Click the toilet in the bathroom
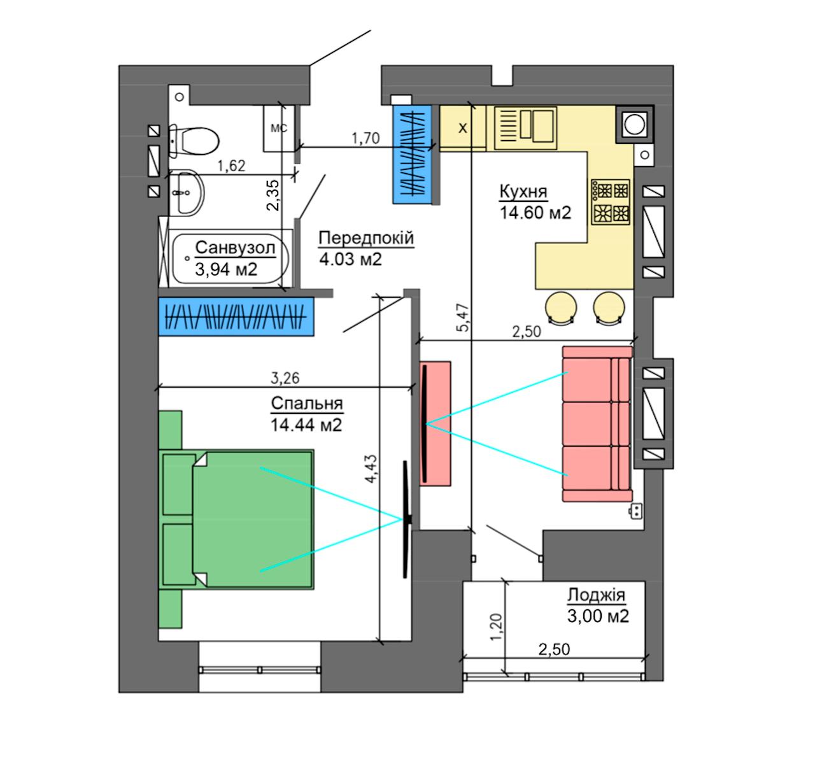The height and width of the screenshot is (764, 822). [193, 141]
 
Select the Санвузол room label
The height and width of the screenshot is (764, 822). [235, 248]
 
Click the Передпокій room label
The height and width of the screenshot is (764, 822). [366, 238]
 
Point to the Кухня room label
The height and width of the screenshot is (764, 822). [523, 192]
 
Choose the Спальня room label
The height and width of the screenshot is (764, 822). [307, 403]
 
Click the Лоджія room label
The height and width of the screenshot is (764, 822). [596, 595]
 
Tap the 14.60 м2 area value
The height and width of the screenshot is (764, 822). [535, 213]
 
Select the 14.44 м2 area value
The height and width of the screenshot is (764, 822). [306, 425]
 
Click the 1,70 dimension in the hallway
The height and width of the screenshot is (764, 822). [365, 138]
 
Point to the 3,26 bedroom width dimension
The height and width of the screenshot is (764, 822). [285, 378]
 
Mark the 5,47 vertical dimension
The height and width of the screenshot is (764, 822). [463, 318]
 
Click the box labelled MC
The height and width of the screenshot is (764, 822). [279, 129]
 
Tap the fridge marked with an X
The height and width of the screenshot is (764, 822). [462, 128]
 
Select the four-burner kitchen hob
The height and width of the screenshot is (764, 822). [611, 202]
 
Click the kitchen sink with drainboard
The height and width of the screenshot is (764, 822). [525, 127]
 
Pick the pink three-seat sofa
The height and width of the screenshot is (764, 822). [597, 424]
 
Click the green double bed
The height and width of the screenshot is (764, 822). [236, 520]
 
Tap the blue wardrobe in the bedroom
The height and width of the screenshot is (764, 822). [236, 316]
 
